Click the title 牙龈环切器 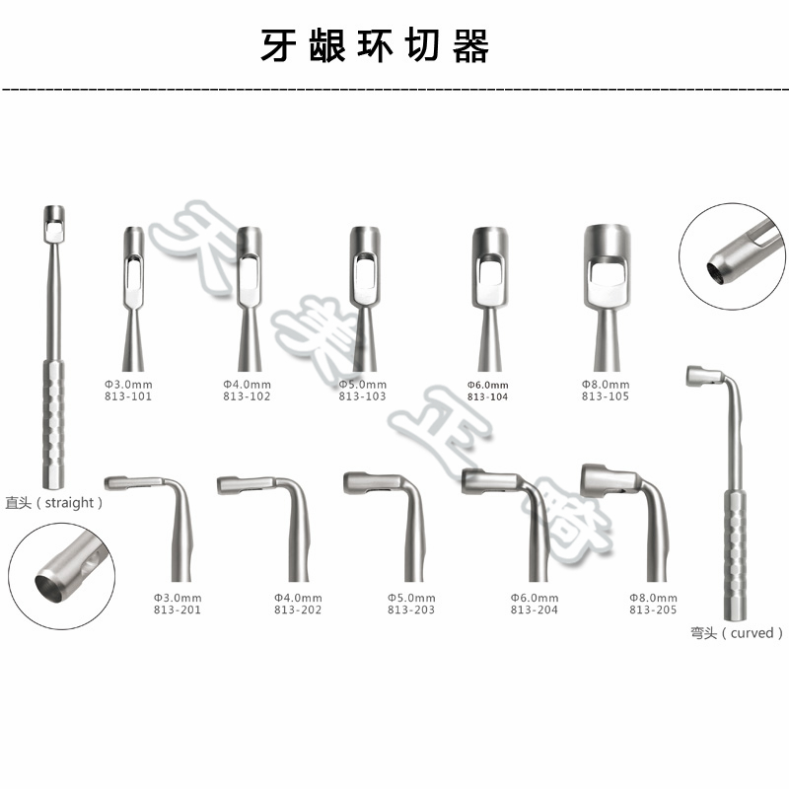[375, 46]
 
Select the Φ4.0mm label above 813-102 [247, 384]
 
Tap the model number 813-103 [362, 396]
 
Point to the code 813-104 [487, 396]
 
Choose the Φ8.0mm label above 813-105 [605, 384]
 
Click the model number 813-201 [178, 610]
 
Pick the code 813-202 [298, 610]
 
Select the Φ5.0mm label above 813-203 [411, 598]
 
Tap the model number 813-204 [535, 610]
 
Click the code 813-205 [653, 610]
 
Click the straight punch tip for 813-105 [607, 266]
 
